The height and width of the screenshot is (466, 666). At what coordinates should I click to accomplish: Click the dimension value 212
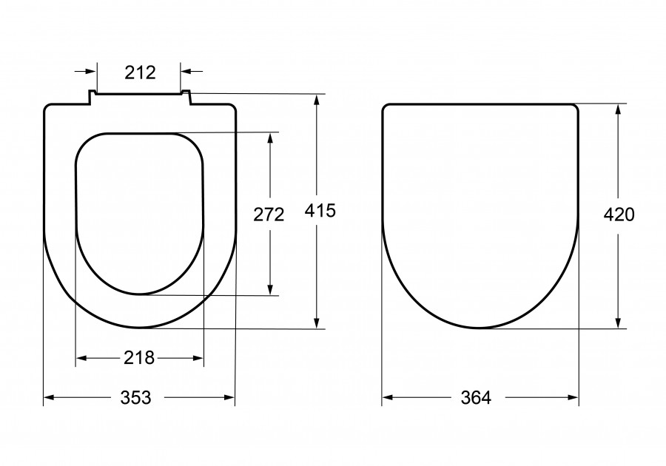pos(140,72)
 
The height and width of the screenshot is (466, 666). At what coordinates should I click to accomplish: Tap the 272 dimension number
pos(269,215)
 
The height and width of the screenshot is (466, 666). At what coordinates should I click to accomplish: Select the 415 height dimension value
pos(320,211)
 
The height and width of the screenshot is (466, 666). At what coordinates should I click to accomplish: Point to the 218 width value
pos(139,358)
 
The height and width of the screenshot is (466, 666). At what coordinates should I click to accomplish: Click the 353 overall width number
pos(136,398)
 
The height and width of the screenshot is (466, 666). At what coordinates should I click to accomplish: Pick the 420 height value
pos(619,215)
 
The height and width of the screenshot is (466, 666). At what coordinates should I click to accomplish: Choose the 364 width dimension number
pos(476,398)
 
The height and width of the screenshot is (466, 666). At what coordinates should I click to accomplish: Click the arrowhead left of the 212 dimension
pos(92,71)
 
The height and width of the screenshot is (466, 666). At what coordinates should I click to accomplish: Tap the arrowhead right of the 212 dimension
pos(186,71)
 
